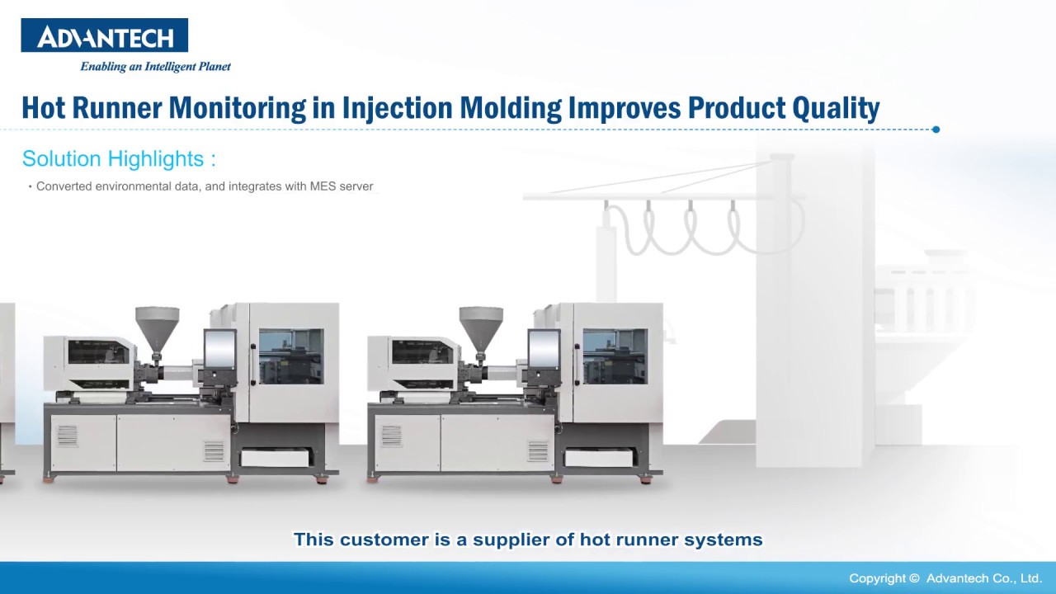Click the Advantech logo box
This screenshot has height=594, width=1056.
tap(104, 35)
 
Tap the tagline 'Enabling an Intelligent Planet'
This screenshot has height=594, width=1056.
tap(155, 67)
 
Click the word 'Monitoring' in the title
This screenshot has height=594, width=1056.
tap(237, 108)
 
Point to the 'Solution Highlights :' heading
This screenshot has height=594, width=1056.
tap(119, 158)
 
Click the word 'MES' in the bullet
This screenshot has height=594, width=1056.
tap(323, 186)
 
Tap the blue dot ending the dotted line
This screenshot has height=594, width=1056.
tap(936, 130)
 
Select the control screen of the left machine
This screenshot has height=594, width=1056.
tap(219, 349)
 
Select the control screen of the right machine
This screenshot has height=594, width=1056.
tap(544, 349)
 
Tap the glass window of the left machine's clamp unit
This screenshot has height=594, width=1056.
tap(291, 356)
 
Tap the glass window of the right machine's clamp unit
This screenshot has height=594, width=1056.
tap(615, 356)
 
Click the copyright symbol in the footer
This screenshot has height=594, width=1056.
tap(915, 578)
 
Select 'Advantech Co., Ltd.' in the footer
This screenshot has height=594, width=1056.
tap(984, 578)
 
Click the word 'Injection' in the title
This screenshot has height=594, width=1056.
tap(397, 108)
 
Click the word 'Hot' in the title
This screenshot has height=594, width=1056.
tap(44, 108)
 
